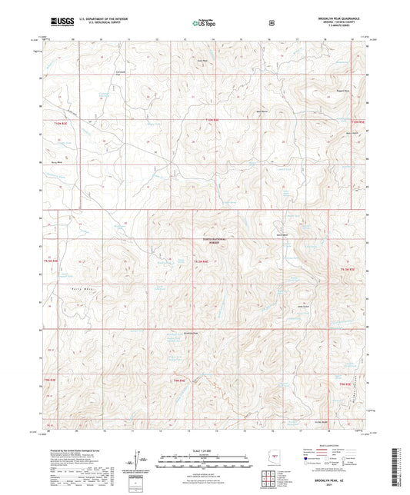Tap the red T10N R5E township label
point(355,121)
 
